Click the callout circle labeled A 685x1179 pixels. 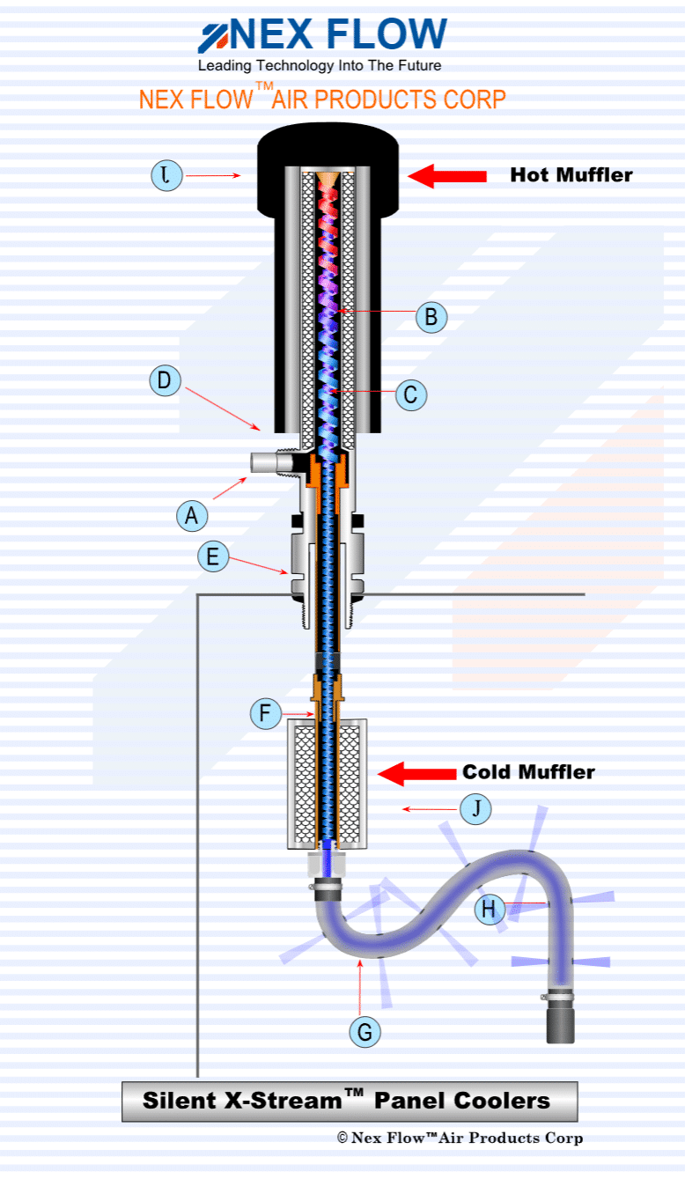[x=191, y=515]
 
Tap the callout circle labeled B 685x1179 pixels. [x=431, y=317]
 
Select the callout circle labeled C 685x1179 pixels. [x=410, y=394]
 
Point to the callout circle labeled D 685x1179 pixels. [x=165, y=382]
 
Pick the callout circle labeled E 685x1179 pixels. [x=213, y=557]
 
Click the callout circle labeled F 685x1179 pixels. [x=265, y=713]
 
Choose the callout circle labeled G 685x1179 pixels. [x=365, y=1031]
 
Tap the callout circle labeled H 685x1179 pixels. [x=490, y=909]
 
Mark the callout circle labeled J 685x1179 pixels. [x=476, y=808]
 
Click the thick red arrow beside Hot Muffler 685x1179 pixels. [x=447, y=176]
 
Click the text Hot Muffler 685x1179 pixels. [x=571, y=175]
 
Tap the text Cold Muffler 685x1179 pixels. [x=528, y=772]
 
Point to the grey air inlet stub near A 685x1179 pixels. [x=265, y=462]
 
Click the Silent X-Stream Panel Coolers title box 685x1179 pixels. [x=350, y=1101]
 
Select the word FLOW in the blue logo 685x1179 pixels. [x=387, y=34]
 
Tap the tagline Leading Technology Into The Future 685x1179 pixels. [x=319, y=66]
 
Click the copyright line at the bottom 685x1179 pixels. [x=460, y=1138]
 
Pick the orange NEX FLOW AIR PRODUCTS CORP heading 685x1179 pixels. [x=322, y=98]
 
